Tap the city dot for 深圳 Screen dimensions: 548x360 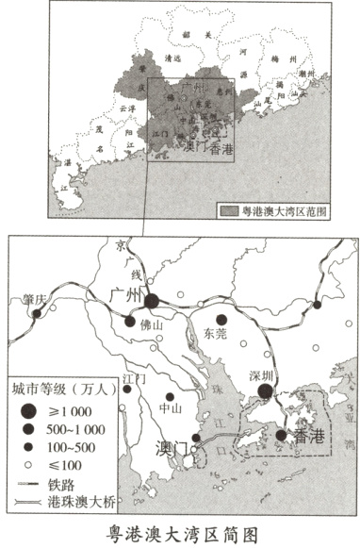pyautogui.click(x=266, y=391)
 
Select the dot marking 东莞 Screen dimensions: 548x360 pyautogui.click(x=222, y=320)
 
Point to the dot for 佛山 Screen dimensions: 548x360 pyautogui.click(x=131, y=322)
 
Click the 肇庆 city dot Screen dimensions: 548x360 pyautogui.click(x=37, y=313)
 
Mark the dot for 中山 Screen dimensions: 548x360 pyautogui.click(x=170, y=397)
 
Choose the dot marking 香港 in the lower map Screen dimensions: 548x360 pyautogui.click(x=281, y=435)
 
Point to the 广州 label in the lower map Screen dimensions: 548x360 pyautogui.click(x=125, y=295)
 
